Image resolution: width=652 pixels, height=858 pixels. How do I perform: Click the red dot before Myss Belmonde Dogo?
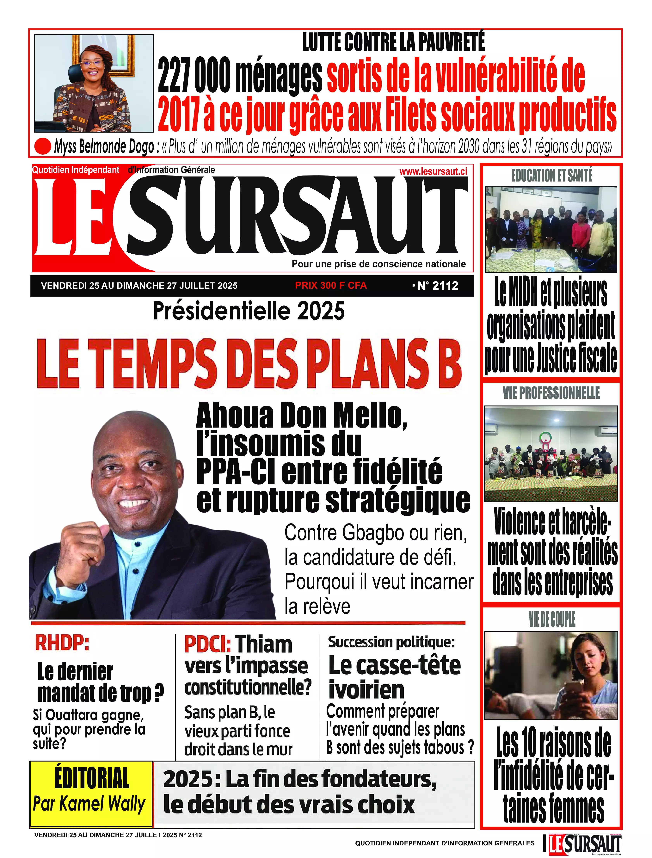(x=43, y=146)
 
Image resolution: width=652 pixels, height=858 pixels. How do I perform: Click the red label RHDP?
(x=62, y=643)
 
